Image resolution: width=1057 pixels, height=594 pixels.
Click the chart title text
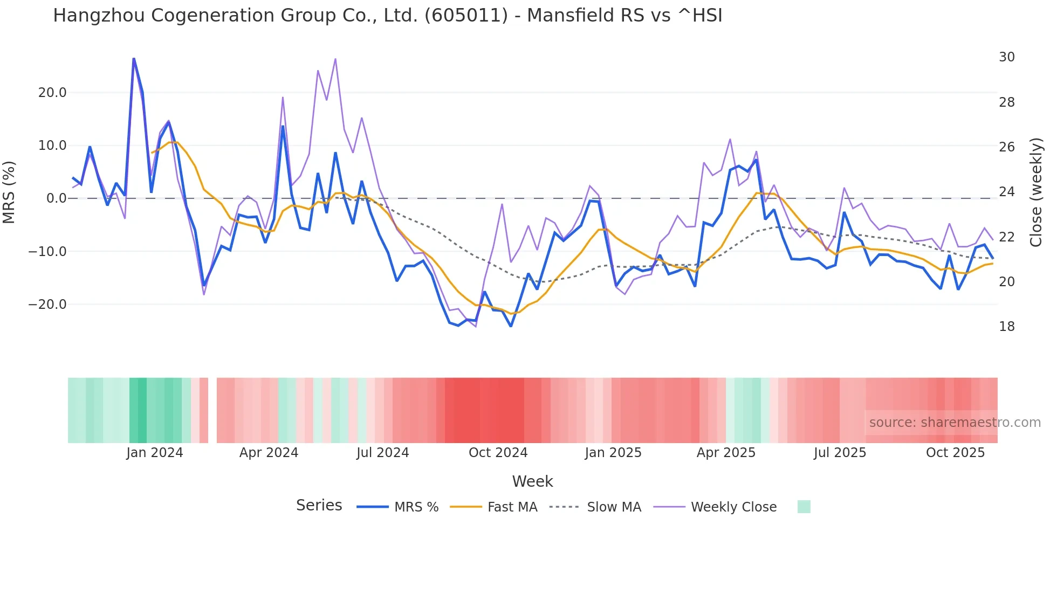[387, 16]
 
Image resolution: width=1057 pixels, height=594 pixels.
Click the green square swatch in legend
[804, 507]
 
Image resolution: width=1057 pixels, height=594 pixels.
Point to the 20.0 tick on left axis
[52, 93]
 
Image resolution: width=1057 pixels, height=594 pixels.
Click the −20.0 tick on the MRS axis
[48, 305]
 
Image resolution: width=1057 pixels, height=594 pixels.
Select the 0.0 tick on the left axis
[56, 198]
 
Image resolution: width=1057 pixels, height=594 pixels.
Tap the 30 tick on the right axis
[1006, 57]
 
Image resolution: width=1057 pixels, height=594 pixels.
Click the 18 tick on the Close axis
[1006, 327]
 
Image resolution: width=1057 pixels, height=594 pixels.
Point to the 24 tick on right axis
[1006, 192]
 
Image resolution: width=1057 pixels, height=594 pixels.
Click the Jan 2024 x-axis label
[155, 453]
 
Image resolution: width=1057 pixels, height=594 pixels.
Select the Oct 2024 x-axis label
[498, 453]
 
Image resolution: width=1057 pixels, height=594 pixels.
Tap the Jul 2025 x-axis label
[840, 453]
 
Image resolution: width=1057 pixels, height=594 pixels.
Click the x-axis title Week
[532, 481]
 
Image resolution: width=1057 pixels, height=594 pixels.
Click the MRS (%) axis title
[9, 192]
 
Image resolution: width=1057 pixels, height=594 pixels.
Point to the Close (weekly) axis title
[1036, 192]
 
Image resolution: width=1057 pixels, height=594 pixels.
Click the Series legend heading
[319, 506]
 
